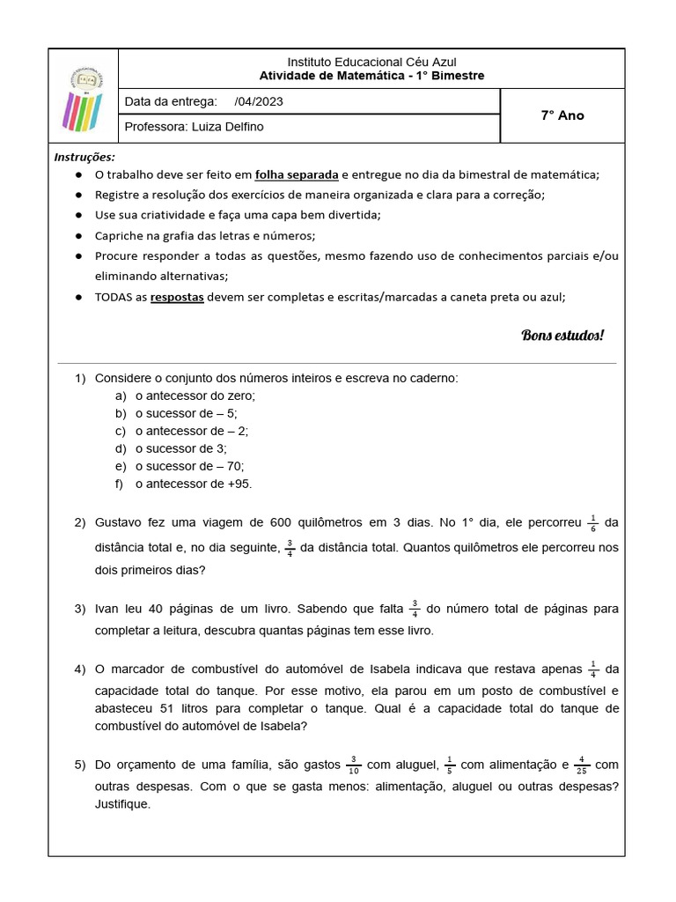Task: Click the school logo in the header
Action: click(x=83, y=96)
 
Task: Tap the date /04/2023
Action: click(x=260, y=101)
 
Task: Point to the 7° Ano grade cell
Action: click(x=562, y=115)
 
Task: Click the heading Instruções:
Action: click(x=84, y=157)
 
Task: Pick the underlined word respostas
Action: click(x=177, y=297)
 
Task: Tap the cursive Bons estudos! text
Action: click(x=562, y=336)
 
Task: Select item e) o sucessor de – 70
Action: click(x=189, y=466)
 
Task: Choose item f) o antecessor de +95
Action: click(x=194, y=484)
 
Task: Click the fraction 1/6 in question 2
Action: click(x=593, y=522)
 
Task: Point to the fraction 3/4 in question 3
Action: click(x=415, y=608)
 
